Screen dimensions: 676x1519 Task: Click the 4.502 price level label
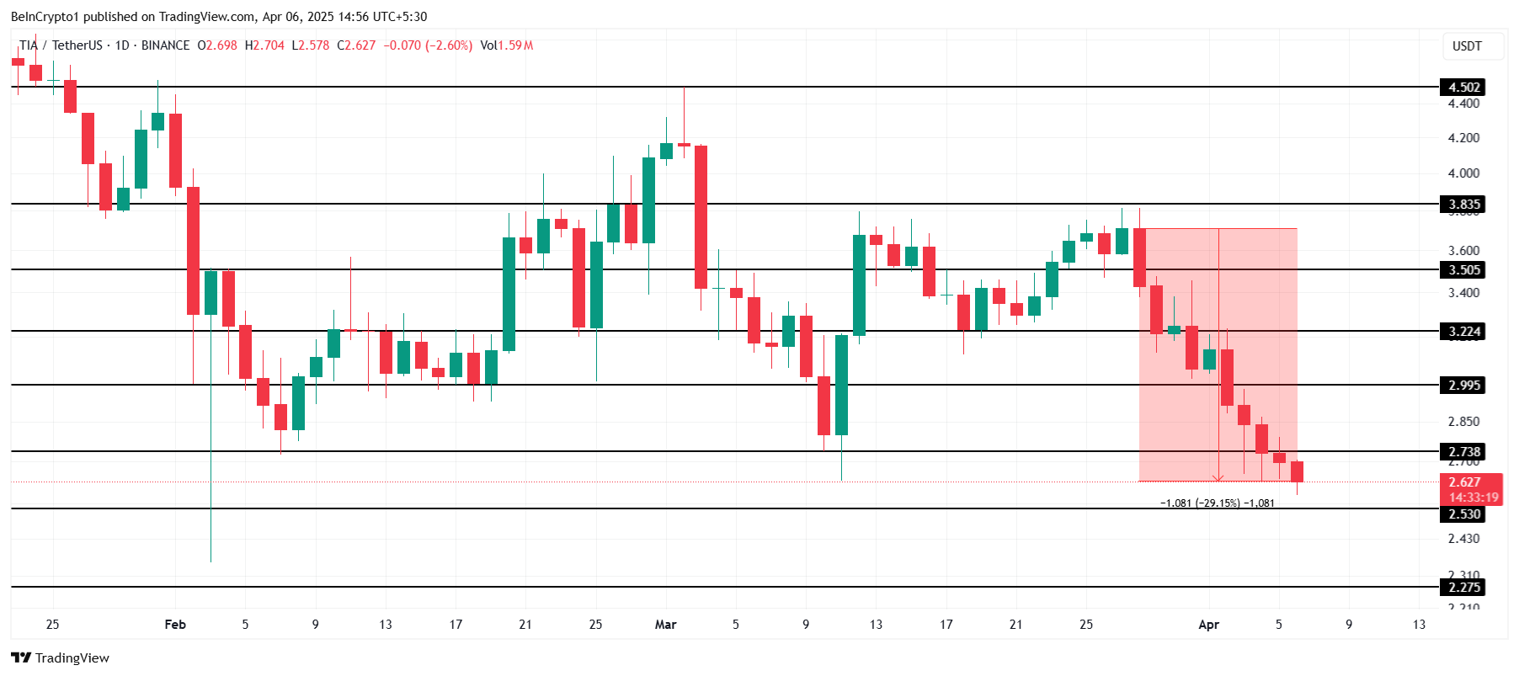pyautogui.click(x=1463, y=88)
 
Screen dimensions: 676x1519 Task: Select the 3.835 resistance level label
pyautogui.click(x=1463, y=205)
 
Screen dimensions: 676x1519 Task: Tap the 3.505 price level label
pyautogui.click(x=1463, y=270)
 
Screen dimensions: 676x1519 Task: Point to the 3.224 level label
pyautogui.click(x=1463, y=332)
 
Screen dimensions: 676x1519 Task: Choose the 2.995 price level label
pyautogui.click(x=1463, y=386)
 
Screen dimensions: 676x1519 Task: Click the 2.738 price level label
pyautogui.click(x=1463, y=452)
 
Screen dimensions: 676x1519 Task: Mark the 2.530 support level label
pyautogui.click(x=1463, y=514)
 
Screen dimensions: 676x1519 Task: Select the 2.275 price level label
pyautogui.click(x=1463, y=588)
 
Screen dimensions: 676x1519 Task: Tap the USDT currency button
pyautogui.click(x=1467, y=46)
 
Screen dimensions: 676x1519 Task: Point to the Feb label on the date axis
pyautogui.click(x=175, y=625)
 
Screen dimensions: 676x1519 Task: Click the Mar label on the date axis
pyautogui.click(x=665, y=625)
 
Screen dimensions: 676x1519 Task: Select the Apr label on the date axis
pyautogui.click(x=1208, y=625)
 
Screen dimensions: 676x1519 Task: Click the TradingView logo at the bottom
pyautogui.click(x=61, y=658)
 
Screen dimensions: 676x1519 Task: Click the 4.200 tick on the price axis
pyautogui.click(x=1463, y=138)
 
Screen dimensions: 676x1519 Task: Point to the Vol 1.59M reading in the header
pyautogui.click(x=506, y=45)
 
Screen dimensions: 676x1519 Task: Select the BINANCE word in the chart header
pyautogui.click(x=165, y=45)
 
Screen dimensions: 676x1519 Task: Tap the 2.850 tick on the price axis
pyautogui.click(x=1463, y=422)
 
